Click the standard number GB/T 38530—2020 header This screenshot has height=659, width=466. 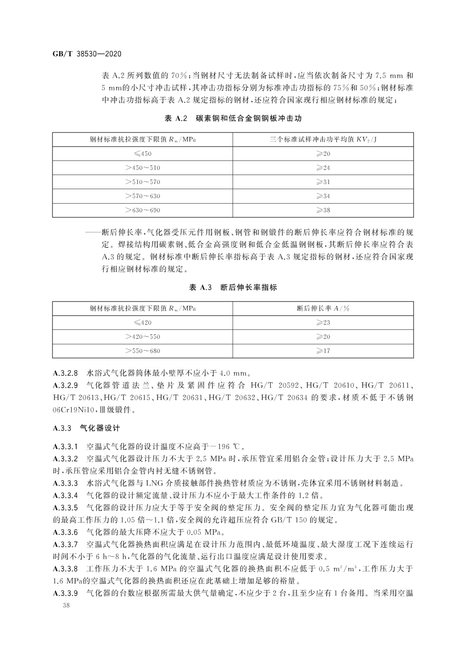pos(87,54)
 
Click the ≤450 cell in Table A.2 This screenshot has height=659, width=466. pos(143,153)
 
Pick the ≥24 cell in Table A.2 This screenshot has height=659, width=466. pos(323,168)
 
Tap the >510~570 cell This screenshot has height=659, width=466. pos(143,182)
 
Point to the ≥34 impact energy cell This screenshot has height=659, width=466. pos(323,196)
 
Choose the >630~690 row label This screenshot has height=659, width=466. pos(143,210)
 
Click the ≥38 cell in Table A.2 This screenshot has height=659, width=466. pos(323,210)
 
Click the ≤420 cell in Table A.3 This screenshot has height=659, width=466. pos(143,323)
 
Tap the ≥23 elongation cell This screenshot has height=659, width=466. pos(323,323)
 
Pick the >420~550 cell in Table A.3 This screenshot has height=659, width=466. pos(143,337)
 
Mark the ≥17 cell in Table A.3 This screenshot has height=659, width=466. pos(323,351)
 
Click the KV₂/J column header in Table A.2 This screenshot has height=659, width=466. pos(323,140)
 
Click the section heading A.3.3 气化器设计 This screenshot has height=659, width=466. pos(86,428)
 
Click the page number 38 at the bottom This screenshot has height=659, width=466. pos(66,606)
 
